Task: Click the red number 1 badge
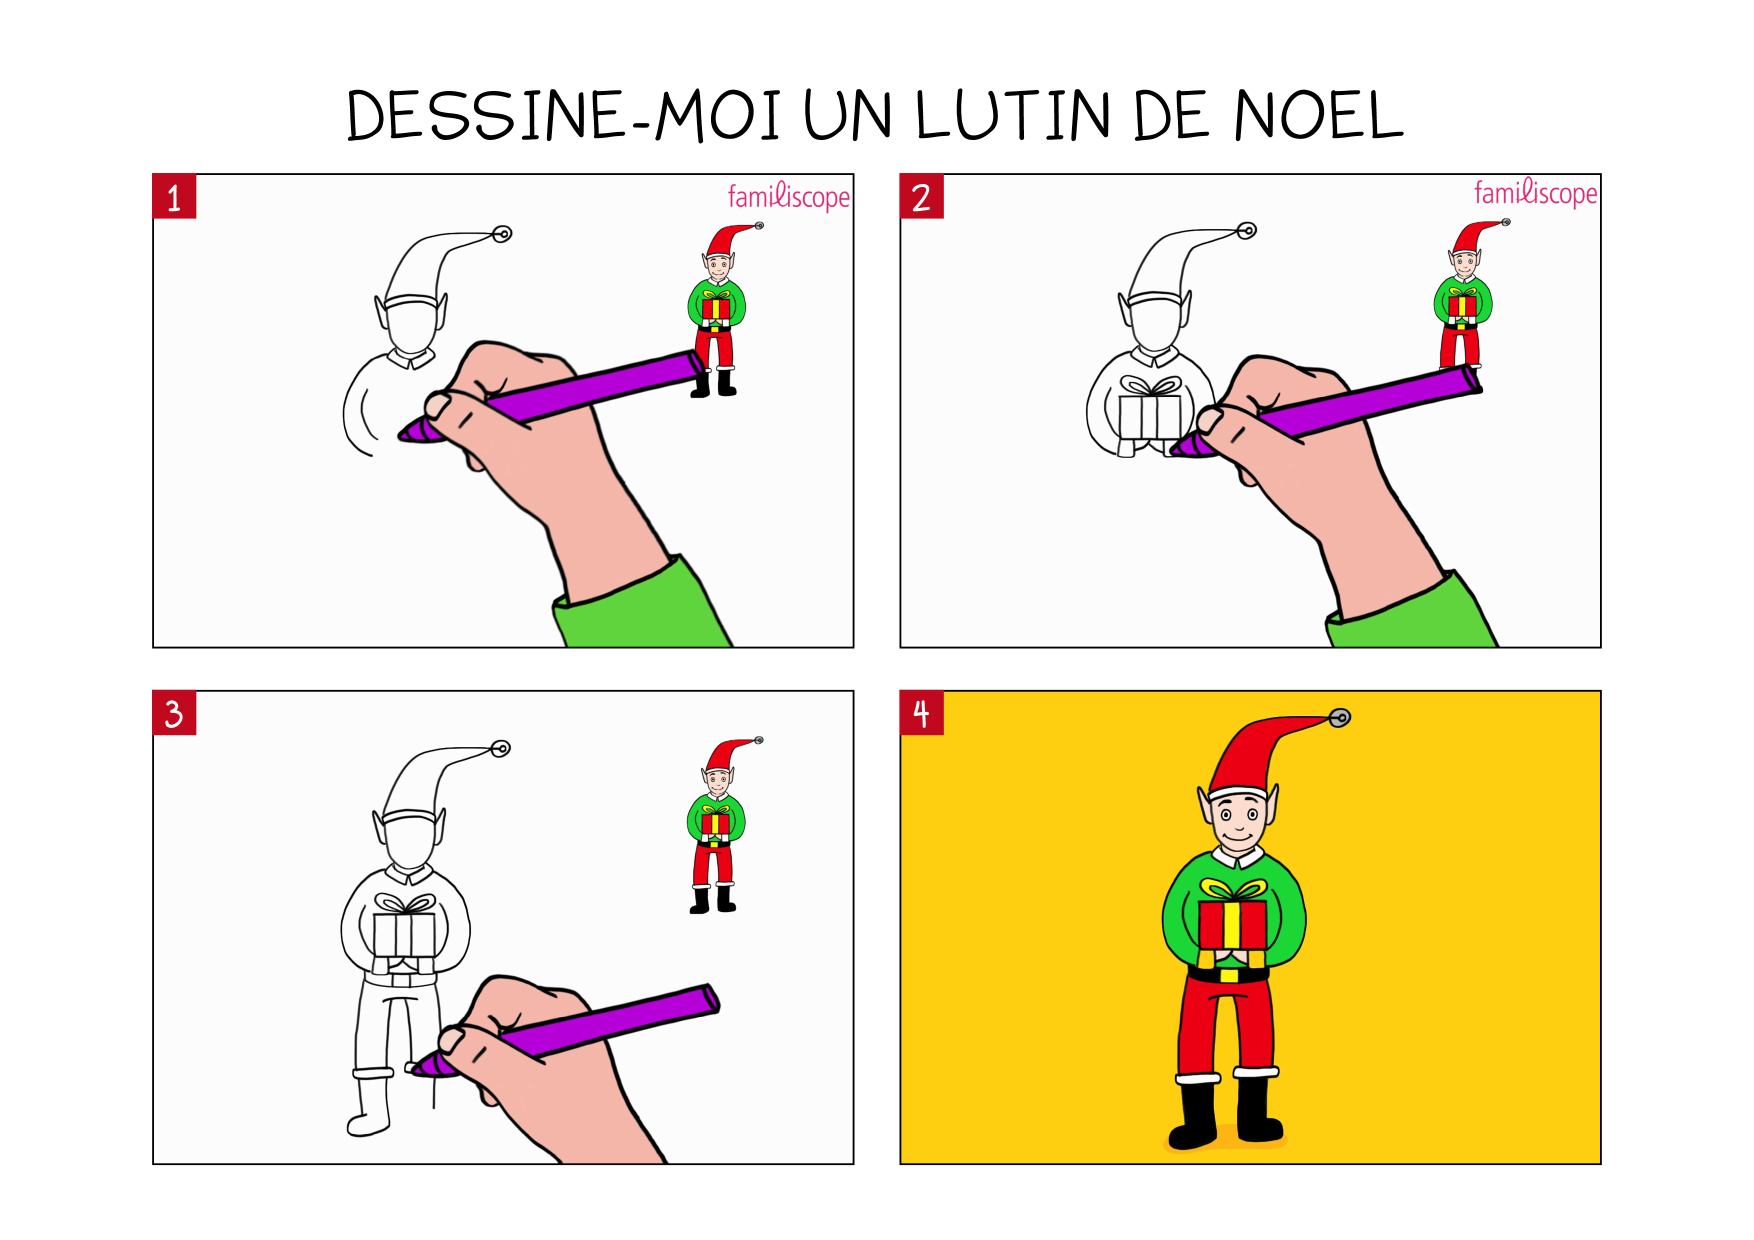174,196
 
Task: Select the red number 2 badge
921,196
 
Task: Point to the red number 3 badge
174,713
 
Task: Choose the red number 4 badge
921,713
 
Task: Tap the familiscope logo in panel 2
1535,192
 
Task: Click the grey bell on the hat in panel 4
1340,717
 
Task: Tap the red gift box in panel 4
1232,924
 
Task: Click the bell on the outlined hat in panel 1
502,234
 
